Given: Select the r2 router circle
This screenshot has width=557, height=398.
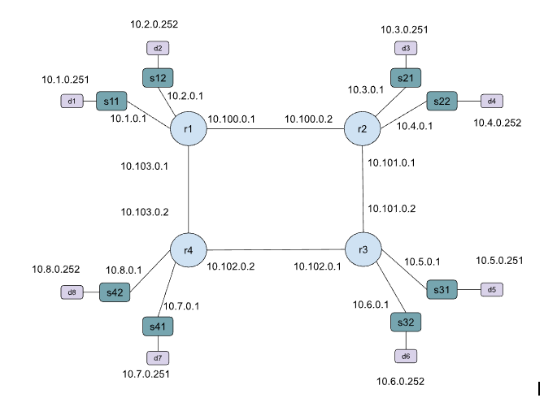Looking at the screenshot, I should [x=362, y=129].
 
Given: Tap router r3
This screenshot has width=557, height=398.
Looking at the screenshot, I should [x=363, y=249].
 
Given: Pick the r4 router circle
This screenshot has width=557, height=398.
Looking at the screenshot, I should [x=187, y=249].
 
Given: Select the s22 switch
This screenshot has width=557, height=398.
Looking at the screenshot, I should [x=442, y=101].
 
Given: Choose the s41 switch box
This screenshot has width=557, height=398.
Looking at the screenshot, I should [x=157, y=326].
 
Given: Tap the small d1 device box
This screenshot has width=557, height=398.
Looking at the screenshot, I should [x=72, y=102].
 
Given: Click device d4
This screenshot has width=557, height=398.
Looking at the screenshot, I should [x=492, y=101].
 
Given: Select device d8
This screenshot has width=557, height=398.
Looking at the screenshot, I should [x=71, y=292].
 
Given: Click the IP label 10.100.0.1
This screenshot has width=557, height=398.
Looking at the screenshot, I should [x=232, y=119].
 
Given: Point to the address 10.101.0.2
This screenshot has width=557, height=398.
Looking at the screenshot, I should [x=392, y=208].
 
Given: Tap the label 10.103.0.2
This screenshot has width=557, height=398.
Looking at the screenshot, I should [x=145, y=212].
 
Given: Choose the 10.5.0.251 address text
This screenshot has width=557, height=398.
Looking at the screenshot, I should [x=499, y=261].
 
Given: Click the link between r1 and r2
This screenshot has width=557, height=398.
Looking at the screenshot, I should [x=274, y=129].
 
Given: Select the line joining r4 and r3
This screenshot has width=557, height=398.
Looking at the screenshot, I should [x=275, y=249].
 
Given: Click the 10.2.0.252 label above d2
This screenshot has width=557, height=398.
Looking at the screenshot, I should [x=154, y=24].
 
